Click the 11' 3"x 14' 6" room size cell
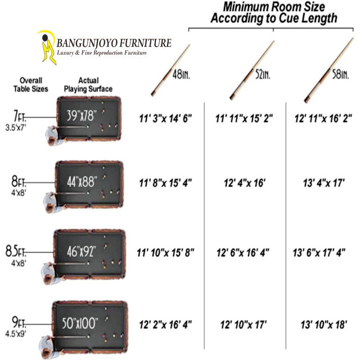(166, 119)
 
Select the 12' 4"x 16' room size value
(244, 184)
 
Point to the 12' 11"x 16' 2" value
(323, 119)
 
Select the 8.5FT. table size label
(19, 250)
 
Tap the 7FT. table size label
(19, 116)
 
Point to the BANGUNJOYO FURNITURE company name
(115, 43)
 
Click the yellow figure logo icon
(46, 47)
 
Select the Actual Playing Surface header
(88, 84)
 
